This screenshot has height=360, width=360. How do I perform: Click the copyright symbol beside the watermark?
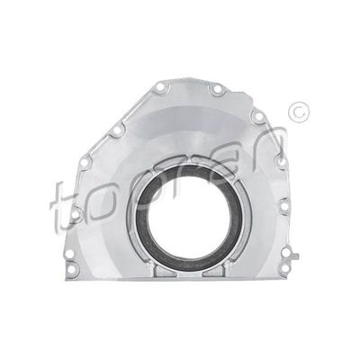[x=298, y=112]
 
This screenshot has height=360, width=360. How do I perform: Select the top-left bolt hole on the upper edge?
[x=160, y=88]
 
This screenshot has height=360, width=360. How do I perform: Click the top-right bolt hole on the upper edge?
[x=217, y=89]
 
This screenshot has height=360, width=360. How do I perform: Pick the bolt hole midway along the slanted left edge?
[x=118, y=131]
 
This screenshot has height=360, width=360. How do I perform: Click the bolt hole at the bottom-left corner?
[x=71, y=269]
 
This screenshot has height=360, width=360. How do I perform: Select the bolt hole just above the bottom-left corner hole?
[x=69, y=254]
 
